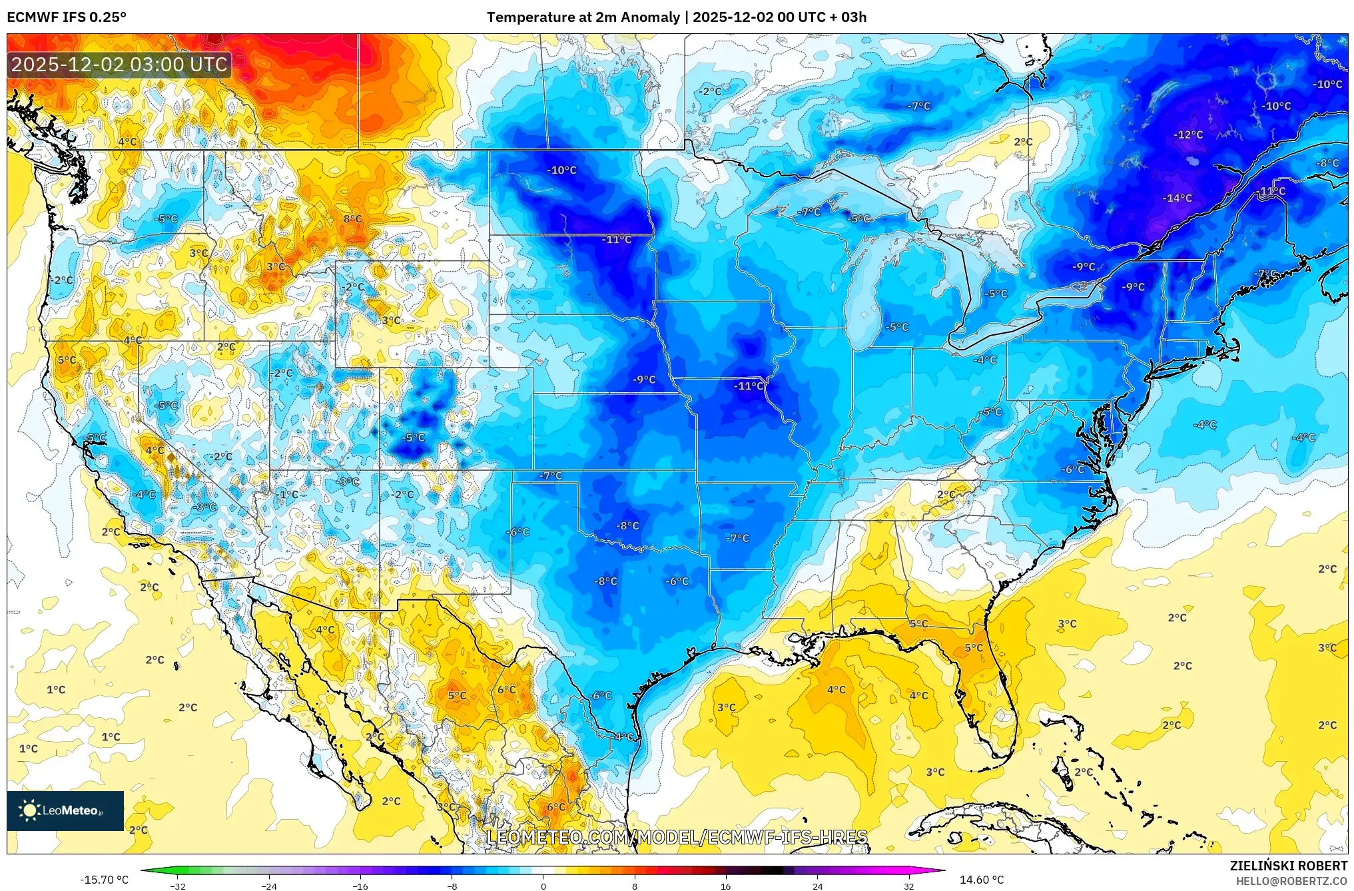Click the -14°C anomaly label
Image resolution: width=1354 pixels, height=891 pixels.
pos(1177,198)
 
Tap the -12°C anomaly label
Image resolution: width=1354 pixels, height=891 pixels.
pos(1188,135)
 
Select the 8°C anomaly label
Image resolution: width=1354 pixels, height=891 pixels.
pos(352,219)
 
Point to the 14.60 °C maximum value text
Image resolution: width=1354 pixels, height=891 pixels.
pos(981,880)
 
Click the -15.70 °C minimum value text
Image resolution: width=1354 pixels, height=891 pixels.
pos(104,880)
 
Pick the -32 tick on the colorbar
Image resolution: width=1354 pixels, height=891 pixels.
pos(178,886)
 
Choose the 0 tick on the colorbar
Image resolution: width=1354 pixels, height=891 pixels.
pos(543,886)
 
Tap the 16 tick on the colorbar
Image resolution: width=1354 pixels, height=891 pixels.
pos(725,886)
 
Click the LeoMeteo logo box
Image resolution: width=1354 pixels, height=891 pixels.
pos(65,810)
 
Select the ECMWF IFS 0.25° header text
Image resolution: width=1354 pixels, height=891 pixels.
pos(67,17)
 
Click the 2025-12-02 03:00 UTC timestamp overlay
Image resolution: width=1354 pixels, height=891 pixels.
pos(120,65)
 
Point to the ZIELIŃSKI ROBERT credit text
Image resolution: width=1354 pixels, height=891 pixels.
pos(1288,866)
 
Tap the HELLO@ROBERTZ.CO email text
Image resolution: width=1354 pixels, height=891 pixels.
pos(1291,881)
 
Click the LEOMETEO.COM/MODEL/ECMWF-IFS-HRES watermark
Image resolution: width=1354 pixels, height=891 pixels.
pos(677,837)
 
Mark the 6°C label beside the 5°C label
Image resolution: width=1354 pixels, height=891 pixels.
pos(506,690)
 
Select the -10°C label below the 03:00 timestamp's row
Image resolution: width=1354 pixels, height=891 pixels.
pos(561,170)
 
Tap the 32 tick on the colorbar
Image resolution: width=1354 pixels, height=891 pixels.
pos(908,886)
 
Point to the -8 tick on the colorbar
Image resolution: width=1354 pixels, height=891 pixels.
pos(452,886)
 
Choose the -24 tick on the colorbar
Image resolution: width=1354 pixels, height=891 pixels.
pos(269,886)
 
